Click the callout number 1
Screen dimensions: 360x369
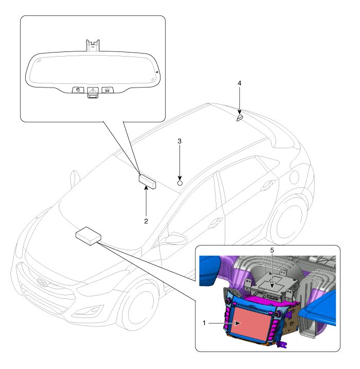click(x=205, y=324)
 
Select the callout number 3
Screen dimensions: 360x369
click(x=179, y=140)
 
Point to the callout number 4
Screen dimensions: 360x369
click(x=239, y=83)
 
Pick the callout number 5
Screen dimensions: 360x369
click(x=272, y=250)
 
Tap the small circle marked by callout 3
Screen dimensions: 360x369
click(x=180, y=182)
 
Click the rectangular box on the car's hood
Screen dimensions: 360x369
click(x=88, y=235)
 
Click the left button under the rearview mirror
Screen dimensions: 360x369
click(x=77, y=90)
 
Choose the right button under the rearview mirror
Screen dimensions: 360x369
click(x=107, y=90)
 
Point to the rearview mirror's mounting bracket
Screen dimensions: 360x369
click(x=92, y=45)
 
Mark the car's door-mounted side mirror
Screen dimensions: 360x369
click(x=175, y=238)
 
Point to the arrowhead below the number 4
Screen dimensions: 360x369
click(x=239, y=111)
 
